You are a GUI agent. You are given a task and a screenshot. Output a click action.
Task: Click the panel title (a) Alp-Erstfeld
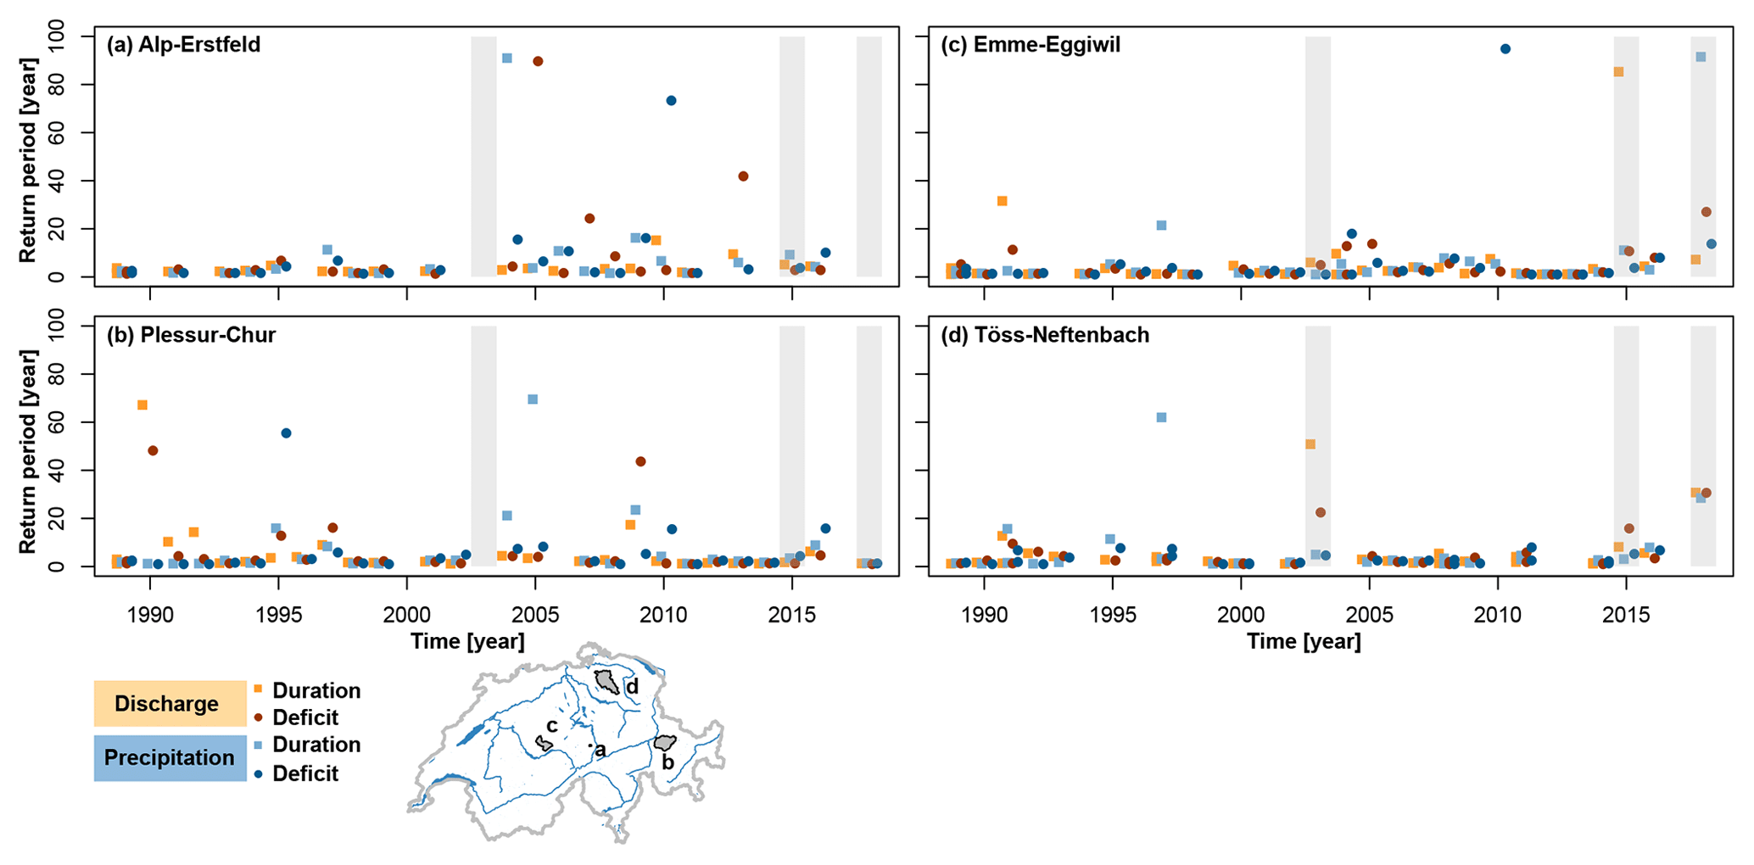click(x=183, y=44)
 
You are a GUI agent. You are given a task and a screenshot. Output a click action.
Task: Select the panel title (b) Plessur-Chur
click(x=191, y=335)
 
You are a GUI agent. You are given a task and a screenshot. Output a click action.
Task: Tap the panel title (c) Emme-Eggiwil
click(x=1030, y=44)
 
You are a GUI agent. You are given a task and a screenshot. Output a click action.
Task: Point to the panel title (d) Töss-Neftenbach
click(x=1045, y=335)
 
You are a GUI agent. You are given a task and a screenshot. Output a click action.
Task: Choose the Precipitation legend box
click(x=170, y=757)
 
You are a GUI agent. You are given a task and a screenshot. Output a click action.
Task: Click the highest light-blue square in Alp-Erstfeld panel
click(x=507, y=59)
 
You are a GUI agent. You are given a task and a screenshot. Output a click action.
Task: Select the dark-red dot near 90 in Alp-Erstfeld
click(x=538, y=61)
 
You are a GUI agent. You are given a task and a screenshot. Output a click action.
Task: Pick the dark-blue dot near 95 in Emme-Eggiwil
click(x=1505, y=49)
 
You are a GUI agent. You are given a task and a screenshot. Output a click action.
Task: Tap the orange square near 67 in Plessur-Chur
click(x=142, y=405)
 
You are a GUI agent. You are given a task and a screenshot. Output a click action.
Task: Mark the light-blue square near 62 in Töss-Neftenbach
click(x=1161, y=417)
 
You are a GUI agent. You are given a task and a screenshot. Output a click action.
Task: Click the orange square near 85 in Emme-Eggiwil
click(x=1618, y=72)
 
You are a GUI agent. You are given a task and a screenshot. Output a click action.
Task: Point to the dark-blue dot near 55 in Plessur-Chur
click(x=286, y=433)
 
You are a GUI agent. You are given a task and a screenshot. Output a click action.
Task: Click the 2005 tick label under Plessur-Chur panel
click(x=535, y=615)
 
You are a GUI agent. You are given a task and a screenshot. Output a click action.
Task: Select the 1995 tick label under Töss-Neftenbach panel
click(x=1113, y=615)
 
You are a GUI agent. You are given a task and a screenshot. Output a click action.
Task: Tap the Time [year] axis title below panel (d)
click(x=1304, y=642)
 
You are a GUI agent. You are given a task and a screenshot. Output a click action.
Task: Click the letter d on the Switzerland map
click(x=632, y=687)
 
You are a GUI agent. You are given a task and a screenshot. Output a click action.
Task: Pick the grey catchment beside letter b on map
click(x=664, y=743)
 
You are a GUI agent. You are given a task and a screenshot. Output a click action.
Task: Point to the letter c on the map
click(x=551, y=726)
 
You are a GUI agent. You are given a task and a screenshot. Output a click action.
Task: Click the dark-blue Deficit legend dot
click(x=258, y=773)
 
